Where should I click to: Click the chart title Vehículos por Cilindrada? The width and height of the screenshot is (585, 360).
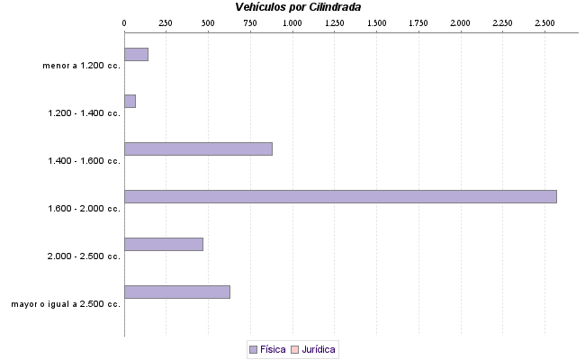click(299, 7)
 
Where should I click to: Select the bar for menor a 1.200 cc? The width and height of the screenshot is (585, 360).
click(136, 54)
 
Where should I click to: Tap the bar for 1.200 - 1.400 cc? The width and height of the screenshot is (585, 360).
click(130, 101)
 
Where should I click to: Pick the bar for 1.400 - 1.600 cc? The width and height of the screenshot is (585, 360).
click(198, 148)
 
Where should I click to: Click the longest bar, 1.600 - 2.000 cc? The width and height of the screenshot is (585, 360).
click(340, 196)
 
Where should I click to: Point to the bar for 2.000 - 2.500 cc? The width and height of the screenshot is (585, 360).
click(164, 244)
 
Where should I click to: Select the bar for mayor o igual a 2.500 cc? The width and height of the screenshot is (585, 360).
click(177, 292)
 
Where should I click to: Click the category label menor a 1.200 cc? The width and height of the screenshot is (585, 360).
click(81, 66)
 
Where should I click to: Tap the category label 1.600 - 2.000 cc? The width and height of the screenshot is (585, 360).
click(85, 209)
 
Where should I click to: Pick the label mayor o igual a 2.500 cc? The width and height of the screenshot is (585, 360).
click(66, 304)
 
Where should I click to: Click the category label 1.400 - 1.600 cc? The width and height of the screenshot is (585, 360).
click(85, 161)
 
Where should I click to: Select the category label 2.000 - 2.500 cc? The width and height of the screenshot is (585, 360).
click(85, 256)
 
